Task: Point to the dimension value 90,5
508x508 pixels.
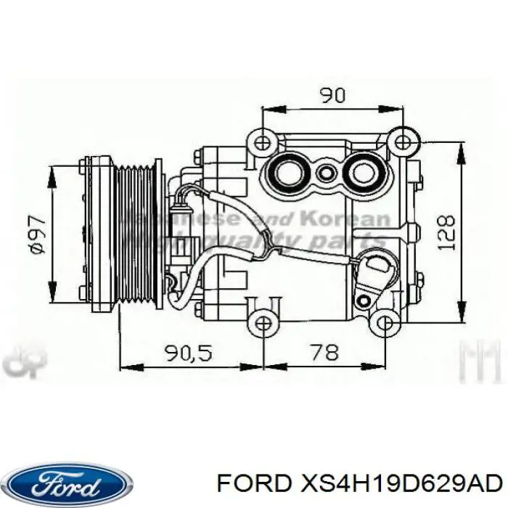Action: pyautogui.click(x=187, y=353)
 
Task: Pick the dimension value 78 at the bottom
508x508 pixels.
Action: pyautogui.click(x=324, y=353)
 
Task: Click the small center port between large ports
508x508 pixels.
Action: pyautogui.click(x=327, y=173)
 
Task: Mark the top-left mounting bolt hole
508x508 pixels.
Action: pyautogui.click(x=262, y=139)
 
